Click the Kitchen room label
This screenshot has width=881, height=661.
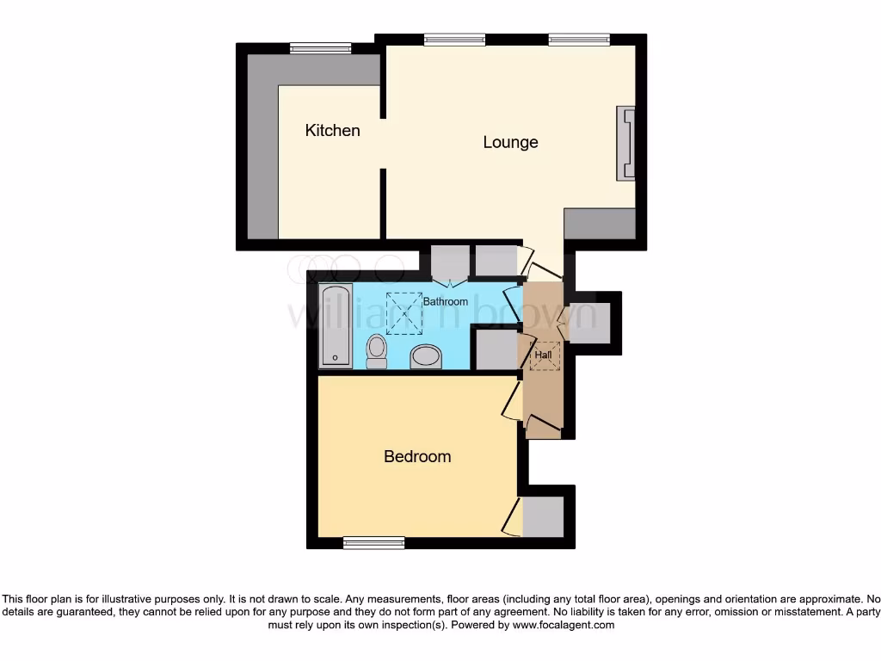click(x=332, y=131)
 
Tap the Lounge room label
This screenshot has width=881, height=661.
click(x=510, y=142)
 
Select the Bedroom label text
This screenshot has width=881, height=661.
click(x=417, y=456)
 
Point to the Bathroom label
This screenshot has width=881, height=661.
click(x=445, y=301)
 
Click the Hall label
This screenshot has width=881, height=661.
click(x=543, y=354)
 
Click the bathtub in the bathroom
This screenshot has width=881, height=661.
click(x=334, y=326)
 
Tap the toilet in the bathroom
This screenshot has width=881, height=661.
click(x=377, y=351)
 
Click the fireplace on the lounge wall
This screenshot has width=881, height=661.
click(x=625, y=144)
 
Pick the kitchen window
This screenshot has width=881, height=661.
click(x=320, y=49)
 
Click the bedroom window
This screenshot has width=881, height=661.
click(x=373, y=542)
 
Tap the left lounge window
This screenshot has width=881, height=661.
click(x=454, y=39)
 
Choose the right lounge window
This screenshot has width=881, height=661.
click(x=579, y=39)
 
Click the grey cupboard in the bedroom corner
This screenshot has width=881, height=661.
click(x=543, y=516)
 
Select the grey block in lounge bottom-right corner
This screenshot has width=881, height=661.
click(x=600, y=224)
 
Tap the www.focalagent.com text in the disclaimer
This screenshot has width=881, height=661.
click(x=563, y=626)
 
